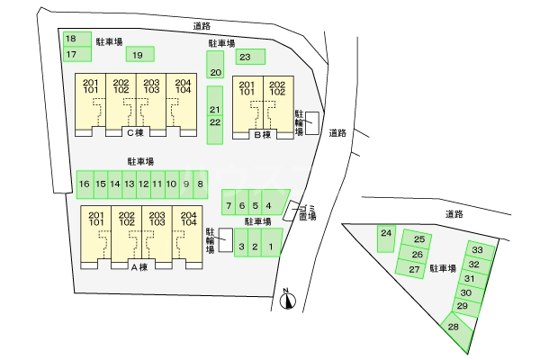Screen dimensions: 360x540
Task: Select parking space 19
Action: coord(139,55)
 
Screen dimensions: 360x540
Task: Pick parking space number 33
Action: coord(478,250)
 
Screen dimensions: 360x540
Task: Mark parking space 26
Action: coord(418,255)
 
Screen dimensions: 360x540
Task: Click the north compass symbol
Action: coord(287,300)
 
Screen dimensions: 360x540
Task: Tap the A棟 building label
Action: coord(140,266)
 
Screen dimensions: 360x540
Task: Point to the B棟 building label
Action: coord(263,135)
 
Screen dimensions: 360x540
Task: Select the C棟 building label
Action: coord(135,133)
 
